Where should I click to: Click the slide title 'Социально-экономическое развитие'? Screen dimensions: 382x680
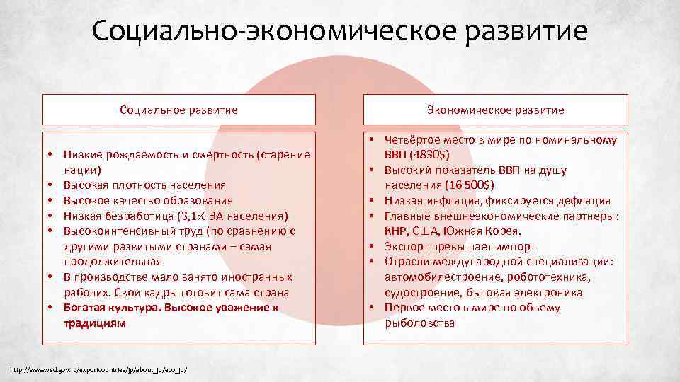coord(339,32)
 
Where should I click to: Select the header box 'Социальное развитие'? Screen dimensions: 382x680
coord(178,110)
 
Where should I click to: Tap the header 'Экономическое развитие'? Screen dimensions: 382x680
coord(495,110)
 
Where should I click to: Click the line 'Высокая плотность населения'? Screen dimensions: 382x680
coord(144,185)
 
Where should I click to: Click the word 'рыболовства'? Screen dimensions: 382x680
coord(420,323)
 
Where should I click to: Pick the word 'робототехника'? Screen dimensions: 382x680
coord(549,277)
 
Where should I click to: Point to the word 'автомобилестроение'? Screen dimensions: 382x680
coord(438,277)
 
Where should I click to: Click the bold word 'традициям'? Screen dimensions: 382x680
coord(93,323)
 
